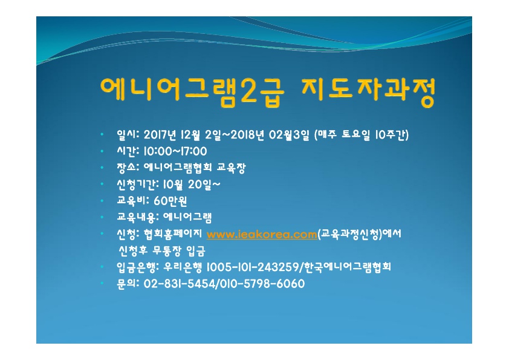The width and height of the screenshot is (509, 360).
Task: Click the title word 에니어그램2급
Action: (x=192, y=91)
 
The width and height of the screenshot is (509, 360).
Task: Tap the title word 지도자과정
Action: (x=368, y=91)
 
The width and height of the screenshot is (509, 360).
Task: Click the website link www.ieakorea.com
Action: (x=262, y=234)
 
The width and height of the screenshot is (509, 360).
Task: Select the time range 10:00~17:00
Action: (x=175, y=151)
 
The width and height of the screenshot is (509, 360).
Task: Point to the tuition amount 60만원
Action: (x=170, y=201)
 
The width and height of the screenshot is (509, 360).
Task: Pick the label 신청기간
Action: (x=135, y=184)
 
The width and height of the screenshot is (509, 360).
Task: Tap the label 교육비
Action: (x=131, y=201)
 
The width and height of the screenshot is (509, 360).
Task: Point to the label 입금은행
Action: (x=135, y=267)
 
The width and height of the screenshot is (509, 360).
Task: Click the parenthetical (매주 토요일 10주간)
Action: (x=361, y=134)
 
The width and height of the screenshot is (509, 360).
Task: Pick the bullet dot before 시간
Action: (x=102, y=151)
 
